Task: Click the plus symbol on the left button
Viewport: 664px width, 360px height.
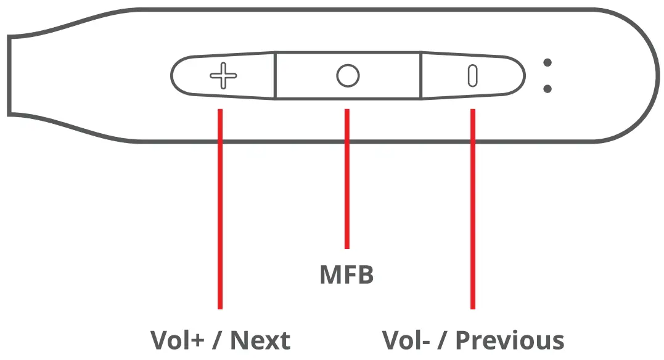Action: [x=223, y=76]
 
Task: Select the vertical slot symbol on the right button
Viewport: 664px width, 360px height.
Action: [x=473, y=76]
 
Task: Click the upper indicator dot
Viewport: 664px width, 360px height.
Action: [x=547, y=62]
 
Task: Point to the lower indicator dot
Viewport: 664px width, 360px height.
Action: [x=547, y=89]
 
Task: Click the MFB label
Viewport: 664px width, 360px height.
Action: [x=346, y=275]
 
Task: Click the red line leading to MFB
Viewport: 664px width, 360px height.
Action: [x=347, y=179]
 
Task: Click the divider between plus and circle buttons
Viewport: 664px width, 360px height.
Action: [x=275, y=75]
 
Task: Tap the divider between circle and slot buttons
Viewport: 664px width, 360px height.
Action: [x=421, y=75]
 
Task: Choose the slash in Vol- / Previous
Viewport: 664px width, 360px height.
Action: [x=441, y=340]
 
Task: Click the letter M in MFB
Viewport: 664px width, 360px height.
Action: [x=330, y=275]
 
